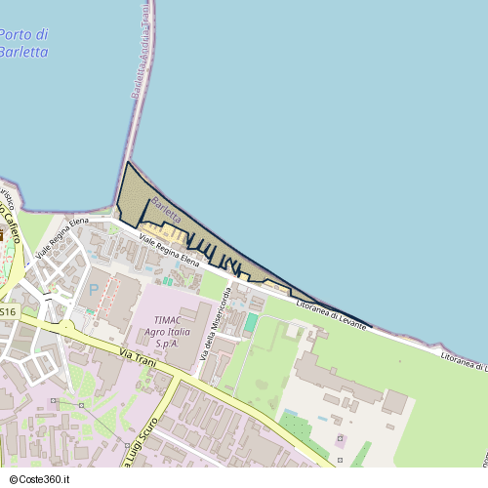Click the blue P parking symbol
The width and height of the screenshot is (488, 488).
click(94, 290)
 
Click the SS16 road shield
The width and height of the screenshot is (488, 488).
click(8, 311)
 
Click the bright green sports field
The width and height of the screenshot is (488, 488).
click(252, 322)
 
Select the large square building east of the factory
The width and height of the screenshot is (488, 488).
click(394, 401)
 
